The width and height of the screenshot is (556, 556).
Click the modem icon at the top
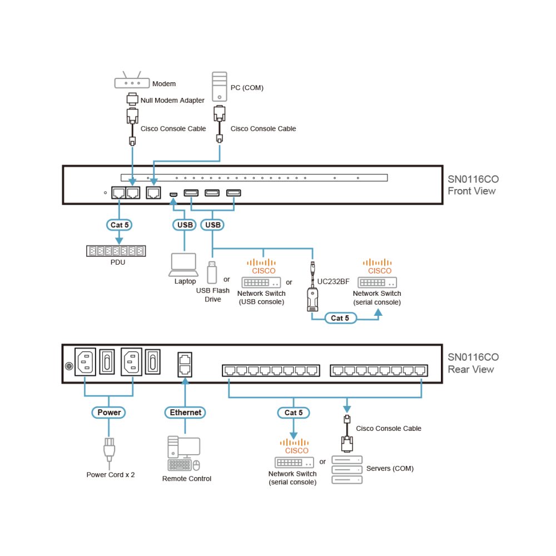132,80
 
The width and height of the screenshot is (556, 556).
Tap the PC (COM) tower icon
220,87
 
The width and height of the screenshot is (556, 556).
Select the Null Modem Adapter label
172,100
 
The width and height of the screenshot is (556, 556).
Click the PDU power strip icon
116,251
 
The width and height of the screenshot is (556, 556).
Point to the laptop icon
183,265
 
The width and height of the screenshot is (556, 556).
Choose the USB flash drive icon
212,272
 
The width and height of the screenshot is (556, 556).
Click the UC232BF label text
333,281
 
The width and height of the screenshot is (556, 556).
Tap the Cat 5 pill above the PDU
119,225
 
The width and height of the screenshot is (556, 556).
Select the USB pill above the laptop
185,225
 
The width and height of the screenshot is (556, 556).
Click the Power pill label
109,413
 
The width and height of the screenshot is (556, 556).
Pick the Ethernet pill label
185,413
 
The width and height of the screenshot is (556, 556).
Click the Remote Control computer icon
183,454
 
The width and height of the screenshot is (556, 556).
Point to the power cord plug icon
109,449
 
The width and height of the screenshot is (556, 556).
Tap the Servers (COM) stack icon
347,470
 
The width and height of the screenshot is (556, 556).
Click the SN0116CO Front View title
473,185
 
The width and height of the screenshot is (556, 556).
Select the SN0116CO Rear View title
473,363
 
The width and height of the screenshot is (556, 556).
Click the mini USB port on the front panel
173,194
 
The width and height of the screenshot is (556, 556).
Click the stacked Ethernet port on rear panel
185,365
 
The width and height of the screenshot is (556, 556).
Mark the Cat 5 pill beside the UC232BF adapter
340,318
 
